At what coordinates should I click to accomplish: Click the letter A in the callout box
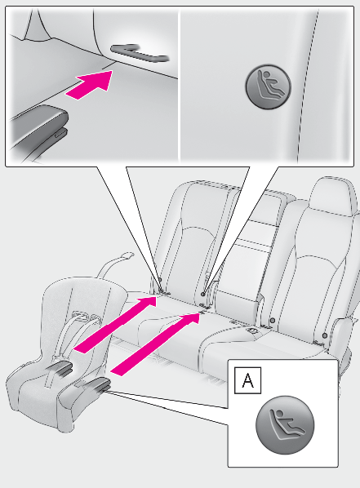point(247,380)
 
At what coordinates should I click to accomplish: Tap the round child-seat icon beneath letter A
point(285,425)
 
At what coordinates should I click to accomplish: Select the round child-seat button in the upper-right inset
point(268,87)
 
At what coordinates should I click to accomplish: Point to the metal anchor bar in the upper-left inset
point(140,53)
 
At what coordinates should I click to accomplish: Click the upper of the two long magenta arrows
point(114,324)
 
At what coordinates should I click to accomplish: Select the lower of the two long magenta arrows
point(155,344)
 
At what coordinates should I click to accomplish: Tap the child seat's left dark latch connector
point(61,368)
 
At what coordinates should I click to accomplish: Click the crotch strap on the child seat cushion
point(50,375)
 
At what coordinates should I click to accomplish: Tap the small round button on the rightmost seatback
point(325,335)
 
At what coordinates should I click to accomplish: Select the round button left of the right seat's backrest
point(273,320)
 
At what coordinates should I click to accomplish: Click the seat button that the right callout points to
point(203,294)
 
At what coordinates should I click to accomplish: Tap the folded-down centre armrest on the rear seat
point(237,303)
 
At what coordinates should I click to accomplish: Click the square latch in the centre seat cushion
point(253,331)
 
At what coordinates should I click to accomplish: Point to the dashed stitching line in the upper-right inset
point(308,85)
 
